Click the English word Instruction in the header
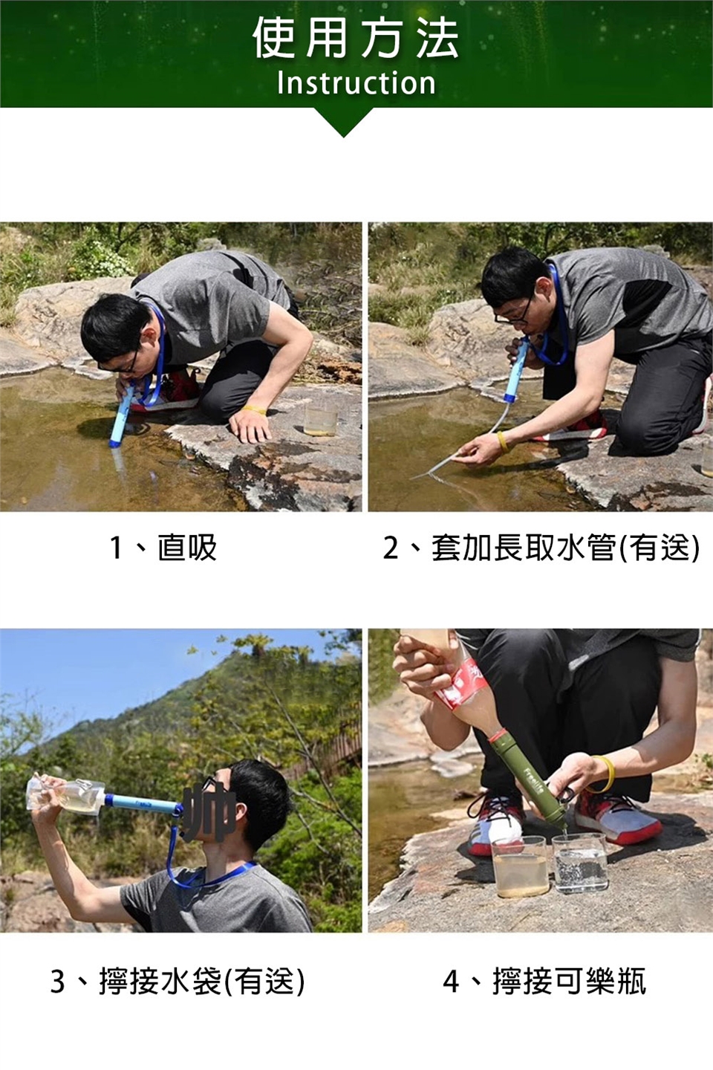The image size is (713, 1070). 356,82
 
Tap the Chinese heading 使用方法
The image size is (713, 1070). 356,37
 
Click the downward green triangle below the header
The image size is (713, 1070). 343,123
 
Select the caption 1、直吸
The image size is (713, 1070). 163,548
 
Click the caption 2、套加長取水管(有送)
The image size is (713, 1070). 541,548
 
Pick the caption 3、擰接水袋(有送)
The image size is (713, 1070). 178,981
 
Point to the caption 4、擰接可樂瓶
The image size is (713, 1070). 544,981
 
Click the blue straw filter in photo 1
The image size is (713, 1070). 121,416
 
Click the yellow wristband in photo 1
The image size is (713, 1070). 253,409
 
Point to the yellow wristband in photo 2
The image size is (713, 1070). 503,441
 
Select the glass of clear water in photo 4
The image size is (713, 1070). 580,864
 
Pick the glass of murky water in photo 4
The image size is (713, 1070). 520,867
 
